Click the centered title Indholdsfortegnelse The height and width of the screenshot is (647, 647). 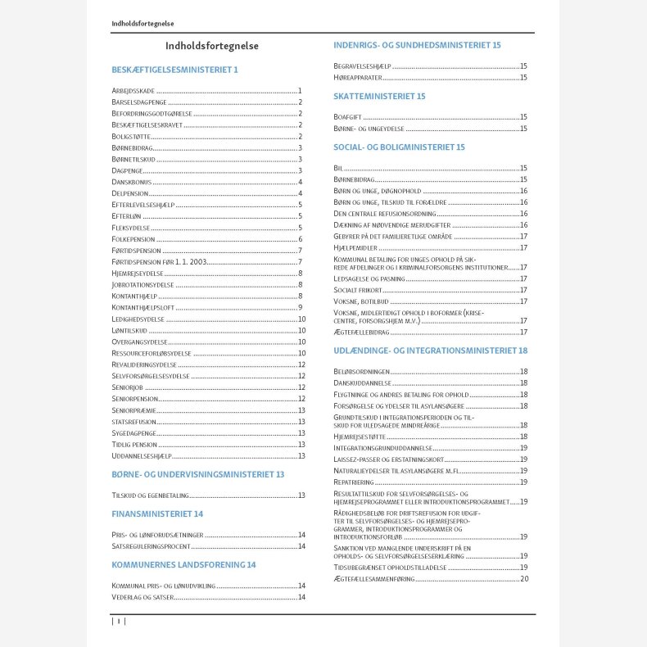click(212, 47)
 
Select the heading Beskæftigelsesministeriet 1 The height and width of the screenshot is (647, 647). click(174, 70)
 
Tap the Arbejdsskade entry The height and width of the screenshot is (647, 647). click(133, 90)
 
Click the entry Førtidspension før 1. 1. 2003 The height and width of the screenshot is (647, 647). click(159, 261)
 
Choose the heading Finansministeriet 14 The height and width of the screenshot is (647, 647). click(157, 514)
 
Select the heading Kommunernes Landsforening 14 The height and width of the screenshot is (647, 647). click(183, 564)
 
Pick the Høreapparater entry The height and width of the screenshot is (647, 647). click(358, 78)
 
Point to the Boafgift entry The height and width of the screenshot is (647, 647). click(347, 117)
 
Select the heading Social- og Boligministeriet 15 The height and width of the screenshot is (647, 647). click(399, 147)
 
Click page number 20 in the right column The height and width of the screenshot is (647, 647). click(523, 579)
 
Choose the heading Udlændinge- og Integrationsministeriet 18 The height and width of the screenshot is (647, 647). click(430, 351)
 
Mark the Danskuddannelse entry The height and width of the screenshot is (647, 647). click(362, 383)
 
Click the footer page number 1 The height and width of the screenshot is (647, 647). click(118, 622)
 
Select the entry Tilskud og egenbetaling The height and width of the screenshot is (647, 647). click(150, 495)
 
